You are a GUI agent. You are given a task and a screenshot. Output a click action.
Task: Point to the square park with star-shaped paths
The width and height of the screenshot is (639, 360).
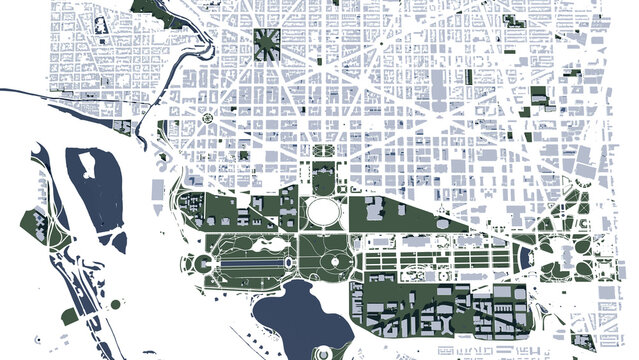[x=268, y=42]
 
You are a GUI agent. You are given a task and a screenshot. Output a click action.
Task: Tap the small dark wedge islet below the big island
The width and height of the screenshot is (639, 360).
[x=119, y=240]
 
